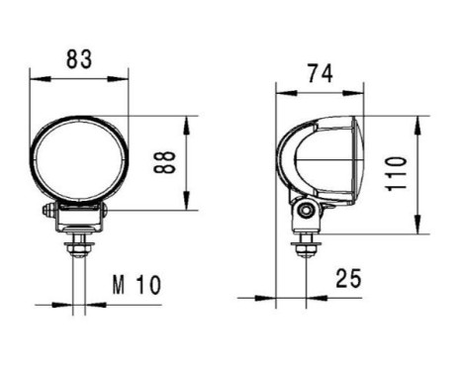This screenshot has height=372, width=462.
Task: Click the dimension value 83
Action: tap(80, 58)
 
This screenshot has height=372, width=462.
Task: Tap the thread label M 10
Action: tap(135, 287)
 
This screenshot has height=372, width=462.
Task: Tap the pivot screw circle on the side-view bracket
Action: tap(308, 211)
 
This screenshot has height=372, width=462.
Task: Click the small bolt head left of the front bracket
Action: tap(48, 211)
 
